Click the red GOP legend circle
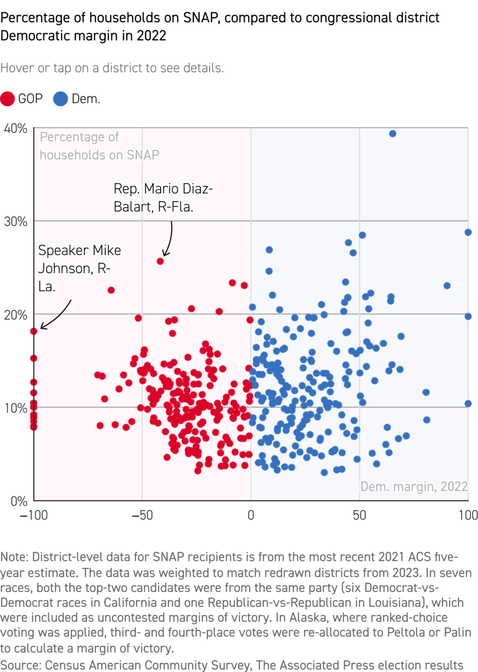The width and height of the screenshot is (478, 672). coord(7,99)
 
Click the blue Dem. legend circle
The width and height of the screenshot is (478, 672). coord(60,99)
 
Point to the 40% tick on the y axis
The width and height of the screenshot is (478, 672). coord(16,129)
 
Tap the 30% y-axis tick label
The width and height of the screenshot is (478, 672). coord(16,222)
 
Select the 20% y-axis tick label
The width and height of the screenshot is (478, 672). coord(16,315)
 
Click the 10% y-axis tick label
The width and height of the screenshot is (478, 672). coord(16,408)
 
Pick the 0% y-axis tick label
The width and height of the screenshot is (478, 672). coord(19,501)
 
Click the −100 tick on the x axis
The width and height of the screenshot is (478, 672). coord(34,515)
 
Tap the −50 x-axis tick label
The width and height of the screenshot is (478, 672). coord(142,515)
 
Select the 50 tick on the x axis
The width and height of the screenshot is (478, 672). coord(359,515)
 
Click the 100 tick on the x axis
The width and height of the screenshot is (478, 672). coord(468,515)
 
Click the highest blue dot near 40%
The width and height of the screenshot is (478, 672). coord(393,134)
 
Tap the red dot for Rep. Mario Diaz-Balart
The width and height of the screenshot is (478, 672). coord(160,261)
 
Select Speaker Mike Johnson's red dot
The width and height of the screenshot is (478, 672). coord(34,331)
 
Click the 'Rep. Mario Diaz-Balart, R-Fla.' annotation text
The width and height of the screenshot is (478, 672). coord(163,198)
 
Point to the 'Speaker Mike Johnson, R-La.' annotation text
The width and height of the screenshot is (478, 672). coord(79,268)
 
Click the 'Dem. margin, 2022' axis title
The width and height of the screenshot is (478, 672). coord(414,486)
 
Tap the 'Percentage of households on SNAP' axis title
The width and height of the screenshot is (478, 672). coord(99,146)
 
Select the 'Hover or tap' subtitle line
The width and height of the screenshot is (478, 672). coord(112,68)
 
